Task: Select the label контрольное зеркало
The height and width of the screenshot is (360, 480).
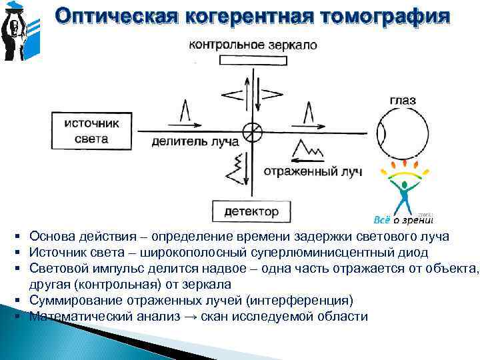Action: (x=253, y=45)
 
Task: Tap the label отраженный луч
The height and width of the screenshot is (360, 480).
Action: (x=312, y=172)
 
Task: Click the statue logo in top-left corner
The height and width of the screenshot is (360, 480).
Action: (x=17, y=31)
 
